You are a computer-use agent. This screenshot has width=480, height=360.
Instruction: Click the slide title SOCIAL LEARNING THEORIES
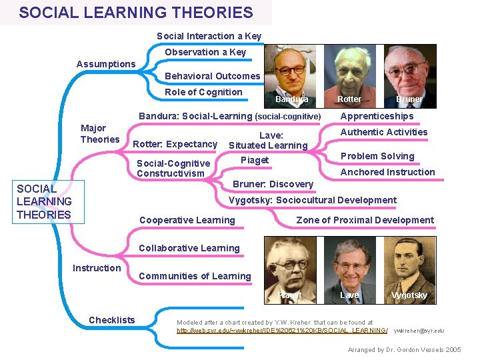(136, 13)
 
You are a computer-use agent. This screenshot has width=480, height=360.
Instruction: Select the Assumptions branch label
(105, 64)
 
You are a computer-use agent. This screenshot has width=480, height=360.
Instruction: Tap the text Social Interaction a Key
(209, 36)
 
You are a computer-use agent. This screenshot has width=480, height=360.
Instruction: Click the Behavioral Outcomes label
(212, 76)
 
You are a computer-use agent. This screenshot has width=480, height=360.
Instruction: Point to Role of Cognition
(203, 92)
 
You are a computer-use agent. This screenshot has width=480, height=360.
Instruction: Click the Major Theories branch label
(99, 134)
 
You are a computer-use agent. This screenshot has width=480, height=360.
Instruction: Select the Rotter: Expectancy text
(175, 144)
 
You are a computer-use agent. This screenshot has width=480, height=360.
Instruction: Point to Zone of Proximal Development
(365, 220)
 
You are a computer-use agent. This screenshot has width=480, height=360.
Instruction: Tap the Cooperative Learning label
(187, 220)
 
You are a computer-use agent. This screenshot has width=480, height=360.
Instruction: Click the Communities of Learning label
(195, 276)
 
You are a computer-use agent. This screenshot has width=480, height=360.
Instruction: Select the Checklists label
(112, 320)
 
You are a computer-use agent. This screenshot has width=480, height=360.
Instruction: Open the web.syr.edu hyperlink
(282, 331)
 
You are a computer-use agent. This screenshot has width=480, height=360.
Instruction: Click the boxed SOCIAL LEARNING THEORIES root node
(44, 201)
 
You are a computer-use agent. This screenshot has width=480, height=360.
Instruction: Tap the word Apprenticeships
(377, 116)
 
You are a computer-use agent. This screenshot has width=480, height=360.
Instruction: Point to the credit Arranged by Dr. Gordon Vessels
(404, 349)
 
